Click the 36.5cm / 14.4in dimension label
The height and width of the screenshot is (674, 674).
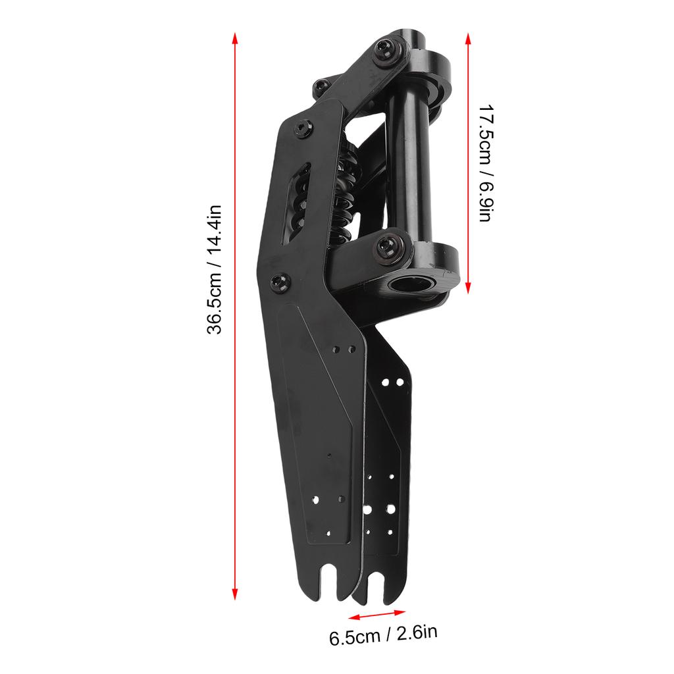click(x=215, y=269)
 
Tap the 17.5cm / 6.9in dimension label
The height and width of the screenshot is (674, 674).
click(x=486, y=163)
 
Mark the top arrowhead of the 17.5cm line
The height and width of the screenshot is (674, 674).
click(x=468, y=39)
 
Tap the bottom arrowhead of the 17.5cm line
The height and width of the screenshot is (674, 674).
click(x=468, y=288)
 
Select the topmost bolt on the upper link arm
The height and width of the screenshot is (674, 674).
click(x=384, y=50)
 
